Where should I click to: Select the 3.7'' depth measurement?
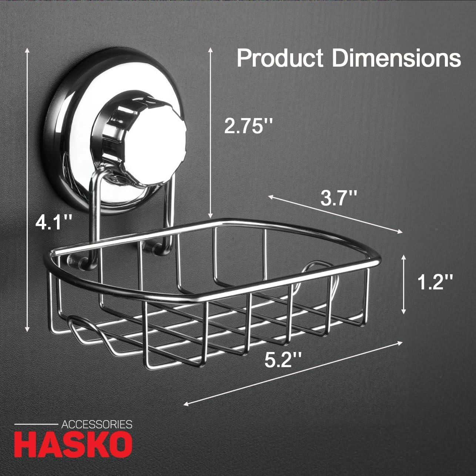[339, 199]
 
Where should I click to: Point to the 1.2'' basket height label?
[435, 283]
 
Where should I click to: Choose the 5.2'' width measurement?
[283, 359]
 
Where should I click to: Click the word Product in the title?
[280, 58]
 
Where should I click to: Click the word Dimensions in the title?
[396, 58]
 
